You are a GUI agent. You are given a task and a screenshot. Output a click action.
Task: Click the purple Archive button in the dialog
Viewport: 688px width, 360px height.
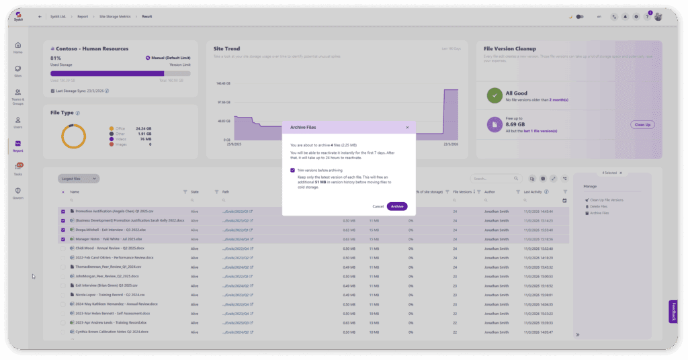coord(397,206)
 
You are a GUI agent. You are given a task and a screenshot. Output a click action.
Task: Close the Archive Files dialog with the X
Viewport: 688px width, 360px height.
coord(407,127)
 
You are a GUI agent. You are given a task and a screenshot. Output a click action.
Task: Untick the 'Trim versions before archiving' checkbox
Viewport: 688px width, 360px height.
coord(292,171)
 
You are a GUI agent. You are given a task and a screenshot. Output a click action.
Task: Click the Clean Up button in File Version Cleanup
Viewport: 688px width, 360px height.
coord(642,124)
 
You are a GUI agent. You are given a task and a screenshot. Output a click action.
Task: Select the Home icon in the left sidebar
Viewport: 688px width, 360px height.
coord(18,47)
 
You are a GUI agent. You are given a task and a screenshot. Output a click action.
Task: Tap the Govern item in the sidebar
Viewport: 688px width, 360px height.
coord(18,192)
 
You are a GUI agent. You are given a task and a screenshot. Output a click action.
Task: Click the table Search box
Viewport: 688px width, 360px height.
coord(496,179)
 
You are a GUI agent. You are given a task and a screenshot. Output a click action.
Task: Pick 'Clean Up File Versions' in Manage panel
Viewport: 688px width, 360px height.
coord(607,200)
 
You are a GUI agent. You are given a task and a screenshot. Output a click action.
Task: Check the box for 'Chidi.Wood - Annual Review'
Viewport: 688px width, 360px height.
coord(63,249)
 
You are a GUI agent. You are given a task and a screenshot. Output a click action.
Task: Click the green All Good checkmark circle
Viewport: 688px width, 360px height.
coord(494,97)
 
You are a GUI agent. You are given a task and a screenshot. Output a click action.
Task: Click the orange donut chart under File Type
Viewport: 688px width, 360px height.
coord(73,136)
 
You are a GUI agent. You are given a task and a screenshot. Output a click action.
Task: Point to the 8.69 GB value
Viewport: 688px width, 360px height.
coord(515,124)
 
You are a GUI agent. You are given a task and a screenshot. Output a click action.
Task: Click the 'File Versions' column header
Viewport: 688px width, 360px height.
coord(463,192)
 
